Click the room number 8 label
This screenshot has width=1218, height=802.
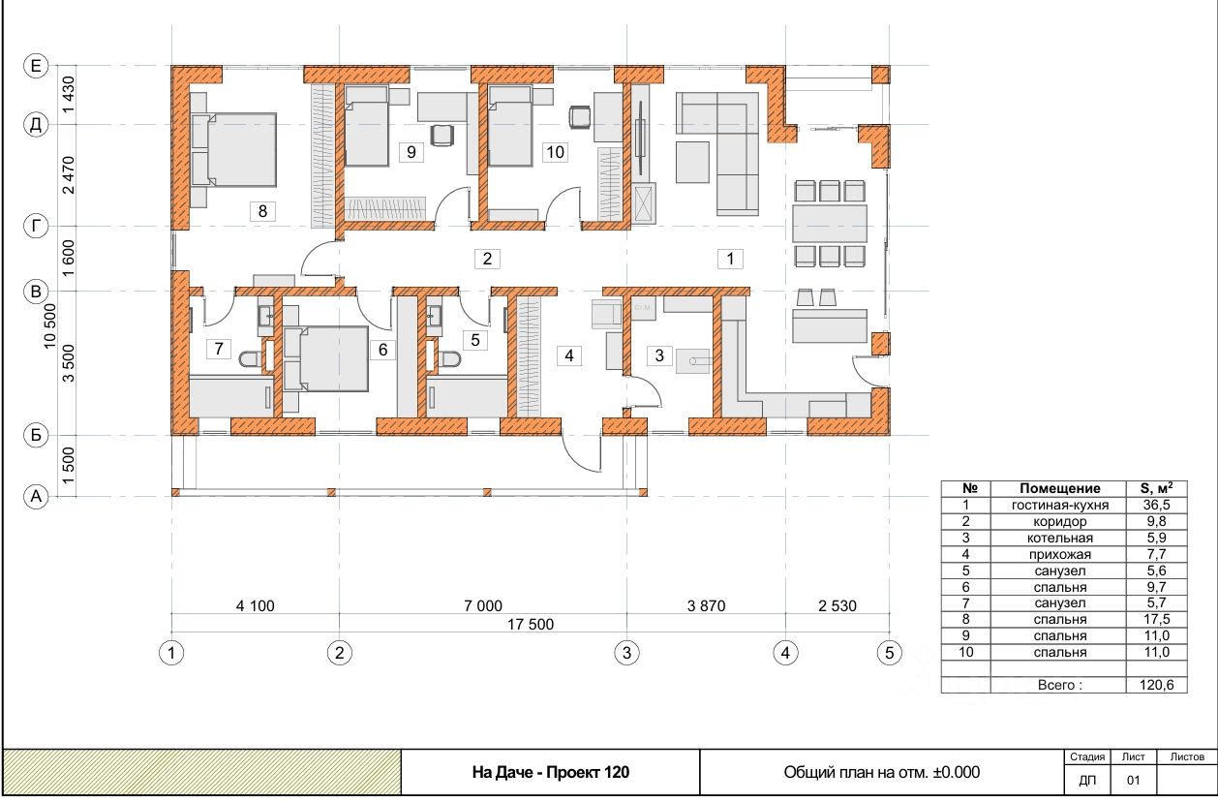pos(262,211)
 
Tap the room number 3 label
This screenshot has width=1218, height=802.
pos(659,355)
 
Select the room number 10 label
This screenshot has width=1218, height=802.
pos(555,152)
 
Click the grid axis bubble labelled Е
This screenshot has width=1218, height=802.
pos(36,66)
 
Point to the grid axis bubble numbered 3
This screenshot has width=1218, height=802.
pos(627,653)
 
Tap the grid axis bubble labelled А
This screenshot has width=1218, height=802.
pos(36,496)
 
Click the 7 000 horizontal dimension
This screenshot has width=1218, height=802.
pos(483,605)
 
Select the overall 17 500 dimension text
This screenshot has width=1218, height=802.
pos(531,624)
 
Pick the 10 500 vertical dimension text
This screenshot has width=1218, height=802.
pos(49,325)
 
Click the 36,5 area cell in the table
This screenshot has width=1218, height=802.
pos(1156,505)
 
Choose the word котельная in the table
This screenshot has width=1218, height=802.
pos(1060,539)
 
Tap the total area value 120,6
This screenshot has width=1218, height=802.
pos(1157,685)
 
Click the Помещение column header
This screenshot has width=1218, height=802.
pos(1060,488)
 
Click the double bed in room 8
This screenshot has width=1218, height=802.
pos(233,149)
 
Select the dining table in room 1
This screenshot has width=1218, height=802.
pos(829,224)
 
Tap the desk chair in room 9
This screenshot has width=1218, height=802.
pos(442,136)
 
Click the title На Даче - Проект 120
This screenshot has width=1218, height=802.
pos(550,772)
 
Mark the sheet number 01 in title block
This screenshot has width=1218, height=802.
pos(1133,781)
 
